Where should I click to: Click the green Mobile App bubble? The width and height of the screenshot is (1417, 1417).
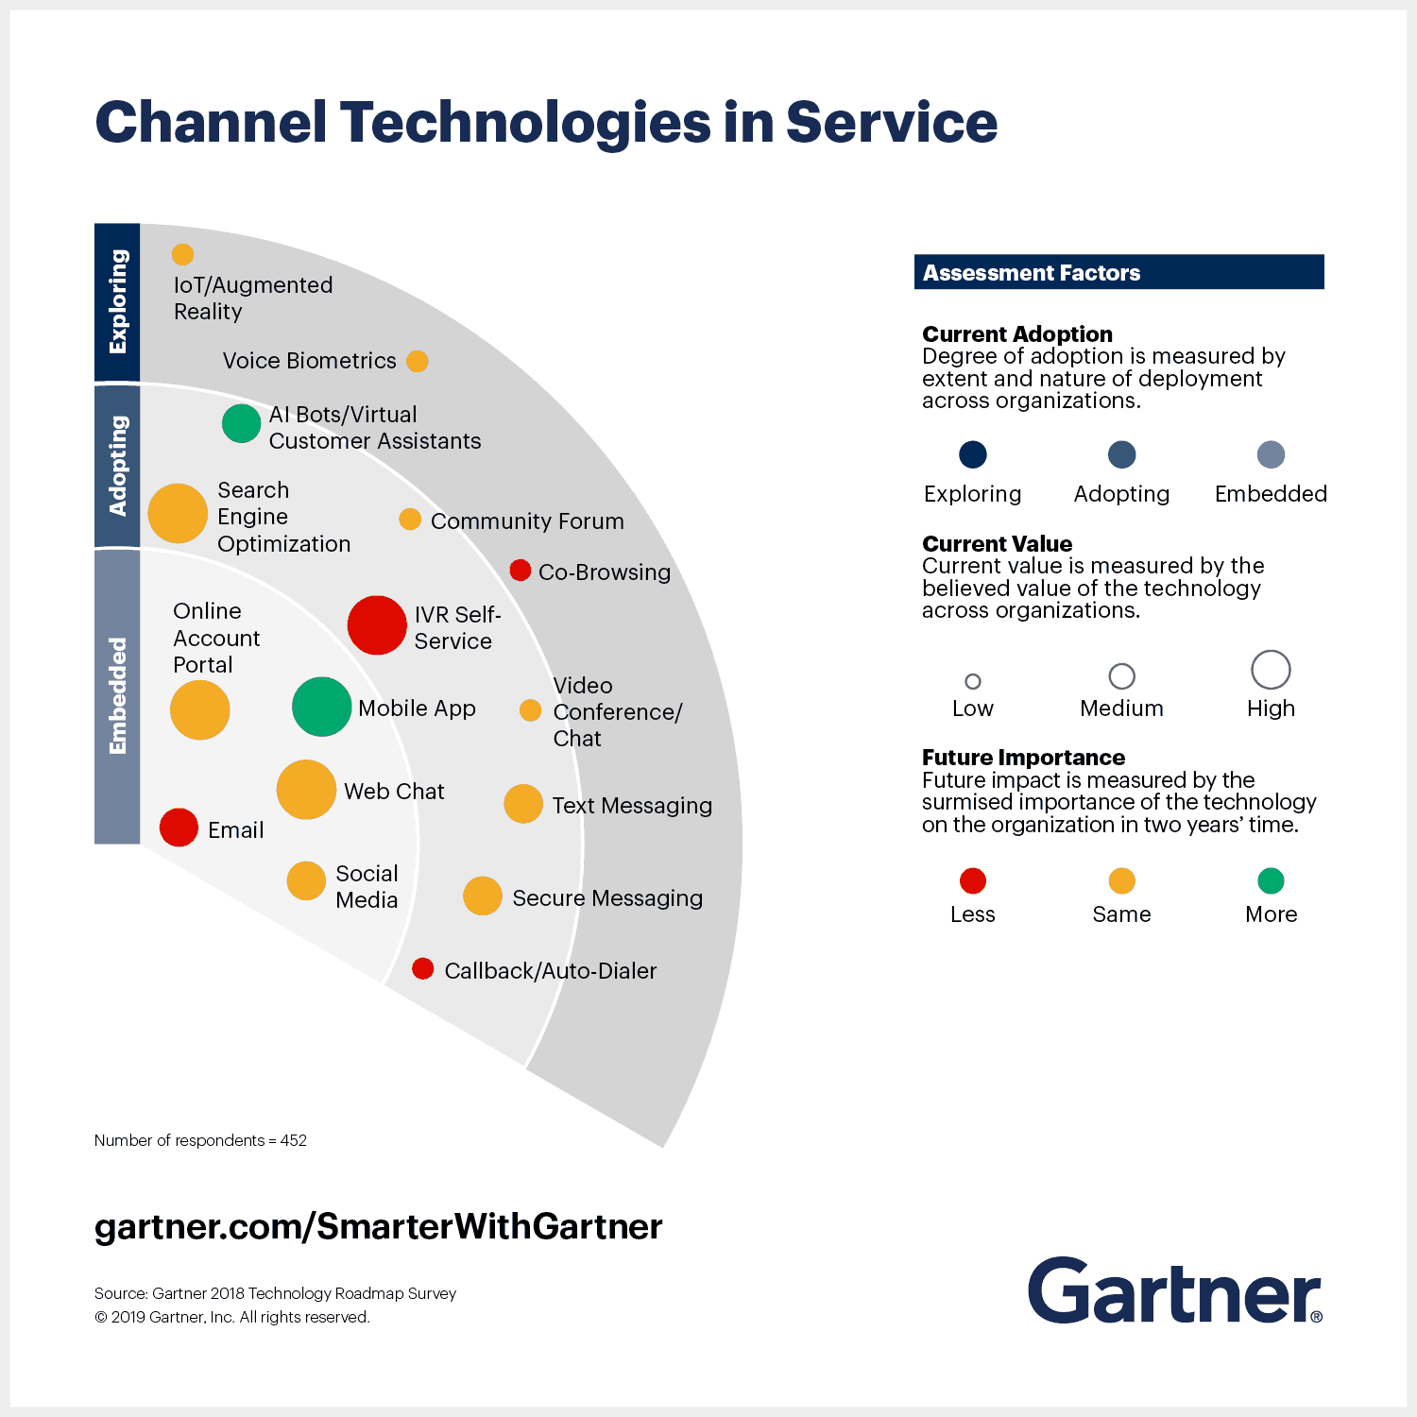point(321,707)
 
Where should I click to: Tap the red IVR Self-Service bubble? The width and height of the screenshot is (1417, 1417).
point(377,625)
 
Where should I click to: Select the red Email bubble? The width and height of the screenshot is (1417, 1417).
point(179,828)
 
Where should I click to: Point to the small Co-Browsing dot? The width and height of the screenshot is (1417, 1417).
point(520,570)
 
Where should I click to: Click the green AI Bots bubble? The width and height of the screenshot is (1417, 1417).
point(241,423)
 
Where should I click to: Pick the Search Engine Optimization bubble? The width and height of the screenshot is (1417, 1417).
point(178,513)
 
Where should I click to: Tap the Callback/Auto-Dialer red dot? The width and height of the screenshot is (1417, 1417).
point(423,968)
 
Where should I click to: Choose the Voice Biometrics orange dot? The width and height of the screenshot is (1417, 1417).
point(418,361)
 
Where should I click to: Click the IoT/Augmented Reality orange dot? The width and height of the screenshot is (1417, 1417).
point(182,254)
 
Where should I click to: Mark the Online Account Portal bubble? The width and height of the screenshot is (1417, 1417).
point(199,710)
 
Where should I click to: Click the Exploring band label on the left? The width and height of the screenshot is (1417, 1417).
point(117,302)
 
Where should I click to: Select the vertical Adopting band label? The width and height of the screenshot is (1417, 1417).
point(117,466)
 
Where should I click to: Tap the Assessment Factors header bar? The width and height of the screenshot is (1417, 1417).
point(1118,272)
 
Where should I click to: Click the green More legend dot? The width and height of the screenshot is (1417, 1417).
point(1271,880)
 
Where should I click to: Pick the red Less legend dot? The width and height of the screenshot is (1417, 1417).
point(973,880)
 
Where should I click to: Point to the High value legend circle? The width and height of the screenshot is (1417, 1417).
point(1271,670)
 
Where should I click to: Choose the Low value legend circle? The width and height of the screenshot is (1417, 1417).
point(973,681)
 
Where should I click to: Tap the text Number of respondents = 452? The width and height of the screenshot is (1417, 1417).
point(200,1140)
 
